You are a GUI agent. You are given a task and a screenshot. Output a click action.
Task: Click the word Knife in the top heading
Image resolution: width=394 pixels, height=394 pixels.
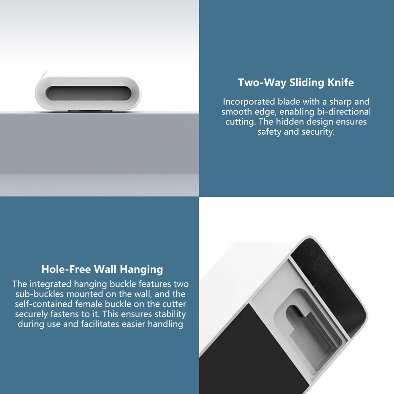(x=340, y=82)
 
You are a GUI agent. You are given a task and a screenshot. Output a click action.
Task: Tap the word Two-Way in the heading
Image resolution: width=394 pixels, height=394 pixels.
(x=262, y=82)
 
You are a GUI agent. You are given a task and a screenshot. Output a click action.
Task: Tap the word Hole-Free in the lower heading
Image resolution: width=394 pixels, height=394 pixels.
(x=66, y=269)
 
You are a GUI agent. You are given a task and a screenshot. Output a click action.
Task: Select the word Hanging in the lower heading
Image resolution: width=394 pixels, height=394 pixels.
(x=141, y=270)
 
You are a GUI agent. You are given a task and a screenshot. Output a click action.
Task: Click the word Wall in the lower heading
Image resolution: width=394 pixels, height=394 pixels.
(x=105, y=269)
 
